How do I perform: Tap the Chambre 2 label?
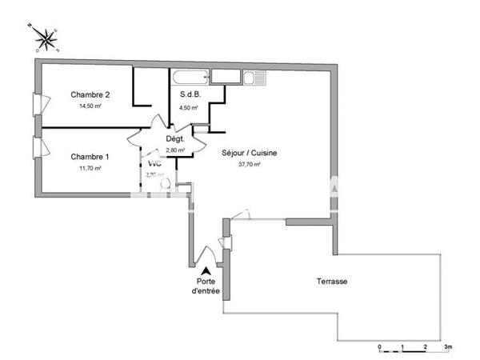tap(90, 94)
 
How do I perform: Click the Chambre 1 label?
tap(90, 156)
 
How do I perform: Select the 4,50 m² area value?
tap(188, 107)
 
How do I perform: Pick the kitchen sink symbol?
tap(254, 78)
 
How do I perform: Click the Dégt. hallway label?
tap(175, 139)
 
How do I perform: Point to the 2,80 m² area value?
tap(175, 150)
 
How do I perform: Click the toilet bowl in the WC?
tap(166, 183)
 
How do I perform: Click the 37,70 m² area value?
tap(250, 164)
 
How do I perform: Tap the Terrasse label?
tap(330, 282)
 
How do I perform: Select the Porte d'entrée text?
tap(207, 286)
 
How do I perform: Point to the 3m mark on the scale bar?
tap(448, 346)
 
